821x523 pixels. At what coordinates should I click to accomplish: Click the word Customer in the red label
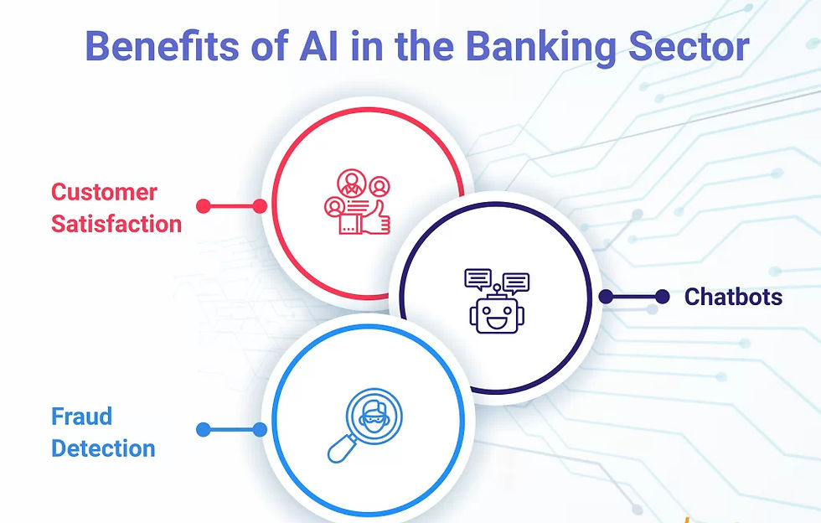(104, 192)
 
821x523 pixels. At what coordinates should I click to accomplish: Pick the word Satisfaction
(116, 224)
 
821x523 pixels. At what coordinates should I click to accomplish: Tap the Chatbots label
(733, 297)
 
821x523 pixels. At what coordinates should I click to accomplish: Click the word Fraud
(81, 417)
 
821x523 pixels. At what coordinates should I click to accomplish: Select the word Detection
(103, 448)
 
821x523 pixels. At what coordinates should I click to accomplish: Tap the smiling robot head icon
(498, 316)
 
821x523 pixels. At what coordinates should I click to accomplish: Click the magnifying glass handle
(338, 448)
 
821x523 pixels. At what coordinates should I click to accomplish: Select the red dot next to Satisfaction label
(203, 205)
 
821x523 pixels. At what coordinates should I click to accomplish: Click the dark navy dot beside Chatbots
(662, 297)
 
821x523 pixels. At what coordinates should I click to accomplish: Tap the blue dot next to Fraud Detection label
(203, 430)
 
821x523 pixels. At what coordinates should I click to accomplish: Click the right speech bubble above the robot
(515, 282)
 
